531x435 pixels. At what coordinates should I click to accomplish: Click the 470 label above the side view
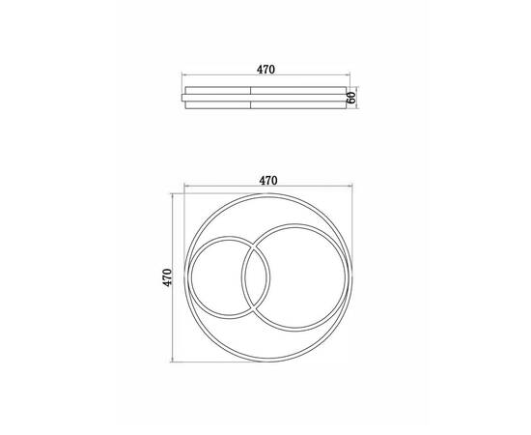[265, 70]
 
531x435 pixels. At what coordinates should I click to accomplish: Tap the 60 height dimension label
[351, 98]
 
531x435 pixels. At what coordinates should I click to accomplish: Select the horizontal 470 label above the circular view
[268, 181]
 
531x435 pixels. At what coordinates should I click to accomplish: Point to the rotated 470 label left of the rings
[167, 277]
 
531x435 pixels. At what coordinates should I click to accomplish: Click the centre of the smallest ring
[231, 277]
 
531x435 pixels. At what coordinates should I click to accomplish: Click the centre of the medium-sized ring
[295, 277]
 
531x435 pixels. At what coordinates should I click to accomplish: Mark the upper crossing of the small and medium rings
[254, 246]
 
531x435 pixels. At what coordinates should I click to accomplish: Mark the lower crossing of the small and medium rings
[254, 308]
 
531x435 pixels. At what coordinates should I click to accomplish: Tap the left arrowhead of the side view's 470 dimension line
[183, 74]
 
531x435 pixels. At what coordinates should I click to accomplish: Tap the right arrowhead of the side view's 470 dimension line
[349, 74]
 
